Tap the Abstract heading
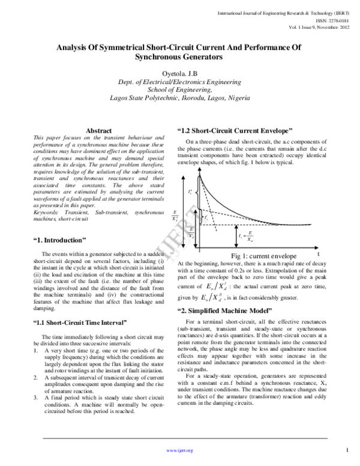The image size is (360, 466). (x=99, y=130)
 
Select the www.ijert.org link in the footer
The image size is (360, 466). (x=180, y=450)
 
